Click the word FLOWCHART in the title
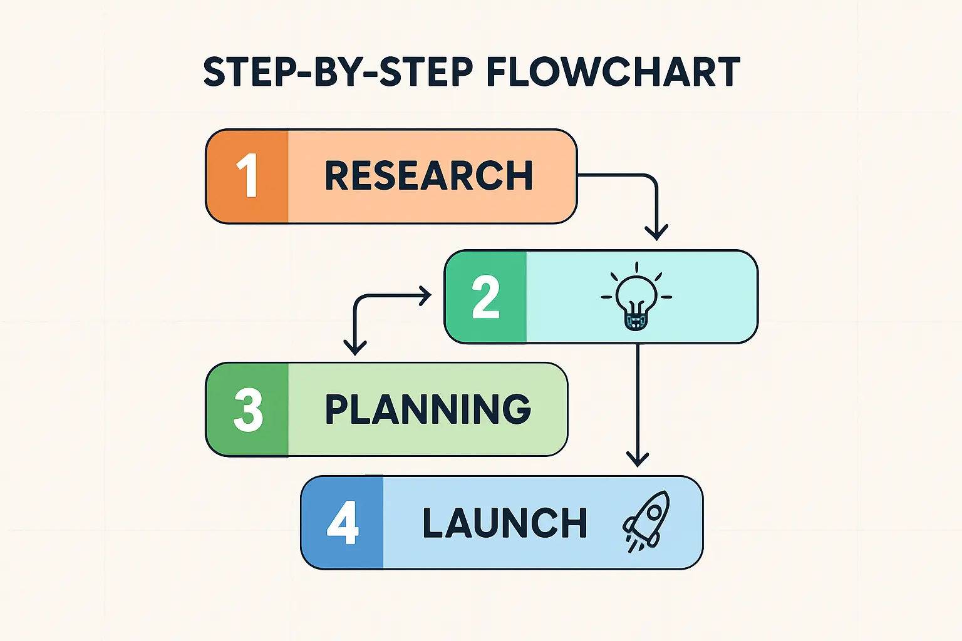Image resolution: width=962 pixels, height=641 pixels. (x=614, y=72)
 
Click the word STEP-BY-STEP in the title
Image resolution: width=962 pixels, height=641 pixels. (x=338, y=72)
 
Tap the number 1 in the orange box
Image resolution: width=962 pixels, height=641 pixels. (x=247, y=176)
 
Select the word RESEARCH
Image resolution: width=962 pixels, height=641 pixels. (x=429, y=175)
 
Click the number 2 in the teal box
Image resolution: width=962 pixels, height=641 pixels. (x=486, y=297)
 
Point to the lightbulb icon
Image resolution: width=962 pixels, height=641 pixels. (x=636, y=296)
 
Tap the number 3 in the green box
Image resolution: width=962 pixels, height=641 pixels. (x=248, y=409)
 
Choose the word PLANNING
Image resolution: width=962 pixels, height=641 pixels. (x=428, y=409)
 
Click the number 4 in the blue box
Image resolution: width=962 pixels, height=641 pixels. (x=343, y=523)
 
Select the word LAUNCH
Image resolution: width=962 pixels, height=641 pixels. (x=505, y=523)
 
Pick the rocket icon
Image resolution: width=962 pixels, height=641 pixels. (x=646, y=521)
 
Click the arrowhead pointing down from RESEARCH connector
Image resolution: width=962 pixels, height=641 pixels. (x=656, y=233)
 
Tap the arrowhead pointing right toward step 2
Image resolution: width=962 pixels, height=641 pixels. (x=425, y=296)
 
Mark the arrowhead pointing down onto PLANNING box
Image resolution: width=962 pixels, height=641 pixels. (x=355, y=348)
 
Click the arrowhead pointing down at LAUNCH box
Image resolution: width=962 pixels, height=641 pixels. (x=638, y=459)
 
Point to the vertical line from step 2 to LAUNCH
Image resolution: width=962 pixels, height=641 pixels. (x=638, y=404)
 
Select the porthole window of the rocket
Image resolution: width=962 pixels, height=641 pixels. (x=654, y=512)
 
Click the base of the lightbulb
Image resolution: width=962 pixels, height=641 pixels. (x=636, y=322)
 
